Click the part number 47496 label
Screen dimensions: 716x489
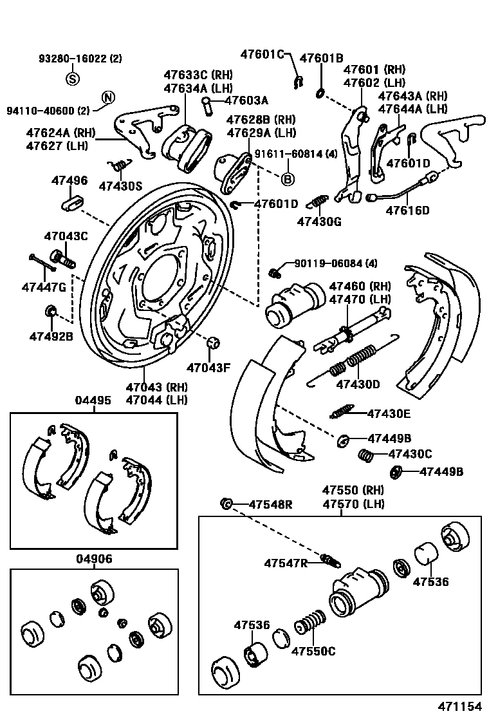pyautogui.click(x=69, y=180)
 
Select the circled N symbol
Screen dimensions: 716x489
pyautogui.click(x=108, y=98)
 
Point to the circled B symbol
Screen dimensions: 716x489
pyautogui.click(x=288, y=178)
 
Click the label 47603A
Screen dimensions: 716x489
pyautogui.click(x=246, y=100)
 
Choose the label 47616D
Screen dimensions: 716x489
pyautogui.click(x=407, y=210)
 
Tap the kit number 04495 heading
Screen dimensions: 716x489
pyautogui.click(x=93, y=400)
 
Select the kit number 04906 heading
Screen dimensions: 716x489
pyautogui.click(x=93, y=559)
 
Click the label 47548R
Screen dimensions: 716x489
pyautogui.click(x=270, y=504)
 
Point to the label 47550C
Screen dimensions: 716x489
pyautogui.click(x=313, y=650)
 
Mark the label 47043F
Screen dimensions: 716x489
pyautogui.click(x=208, y=368)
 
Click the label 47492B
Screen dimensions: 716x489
pyautogui.click(x=51, y=335)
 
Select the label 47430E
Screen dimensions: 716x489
pyautogui.click(x=389, y=414)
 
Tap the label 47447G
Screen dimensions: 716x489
pyautogui.click(x=44, y=287)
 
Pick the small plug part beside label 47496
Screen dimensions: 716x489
pyautogui.click(x=71, y=204)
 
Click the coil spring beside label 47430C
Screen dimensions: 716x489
pyautogui.click(x=365, y=455)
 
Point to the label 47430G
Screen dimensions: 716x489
pyautogui.click(x=319, y=222)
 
